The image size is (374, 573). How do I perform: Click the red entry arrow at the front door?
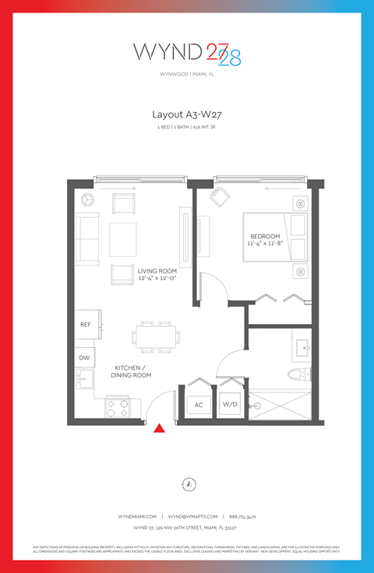coord(160,427)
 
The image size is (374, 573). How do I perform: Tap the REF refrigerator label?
coord(86,325)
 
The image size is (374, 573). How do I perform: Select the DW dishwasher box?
coord(86,357)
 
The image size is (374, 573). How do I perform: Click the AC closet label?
coord(198,405)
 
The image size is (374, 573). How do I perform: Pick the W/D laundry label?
coord(230,405)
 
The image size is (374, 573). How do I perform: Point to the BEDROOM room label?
coord(265,237)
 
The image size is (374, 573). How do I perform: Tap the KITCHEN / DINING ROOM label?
coord(133,371)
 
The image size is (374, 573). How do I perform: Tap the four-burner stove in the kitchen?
coord(117,406)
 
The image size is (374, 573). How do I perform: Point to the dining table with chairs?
coord(154,337)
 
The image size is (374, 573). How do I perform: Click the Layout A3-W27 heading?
coord(186,114)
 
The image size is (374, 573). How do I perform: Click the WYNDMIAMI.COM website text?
coord(137,516)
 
